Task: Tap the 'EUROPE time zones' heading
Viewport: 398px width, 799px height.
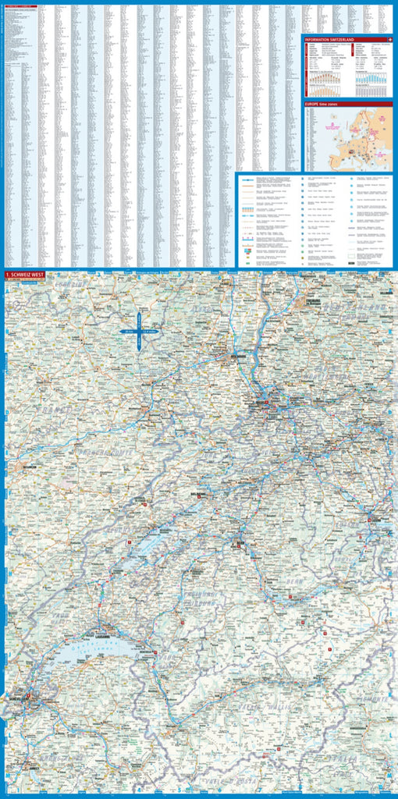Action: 323,103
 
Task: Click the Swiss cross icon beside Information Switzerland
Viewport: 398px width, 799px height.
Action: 389,38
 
